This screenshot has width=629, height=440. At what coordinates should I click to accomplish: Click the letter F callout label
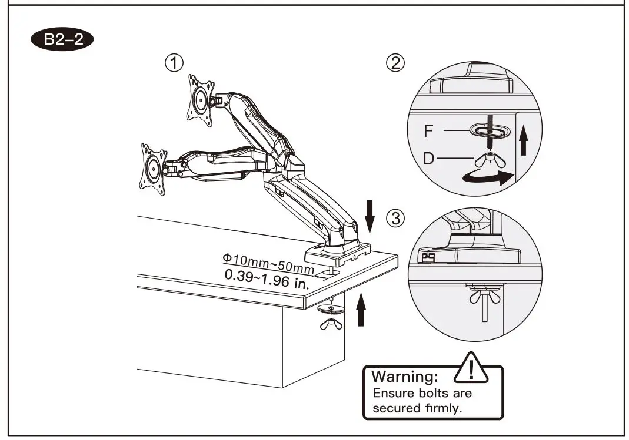tap(429, 130)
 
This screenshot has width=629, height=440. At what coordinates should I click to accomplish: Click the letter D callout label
tap(429, 159)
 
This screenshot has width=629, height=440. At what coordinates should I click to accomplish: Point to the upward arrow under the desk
tap(361, 310)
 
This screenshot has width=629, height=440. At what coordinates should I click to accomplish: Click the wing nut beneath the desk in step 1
tap(330, 324)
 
